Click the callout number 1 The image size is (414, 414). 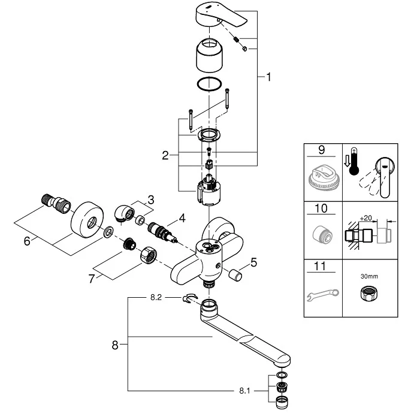pos(268,77)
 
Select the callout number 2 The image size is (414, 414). pos(165,155)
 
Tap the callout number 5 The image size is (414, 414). pos(253,262)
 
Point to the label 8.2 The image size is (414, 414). pos(156,297)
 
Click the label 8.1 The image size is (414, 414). pos(244,391)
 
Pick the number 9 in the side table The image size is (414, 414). pos(321,150)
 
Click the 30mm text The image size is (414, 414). pos(369,276)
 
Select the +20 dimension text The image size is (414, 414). pos(366,218)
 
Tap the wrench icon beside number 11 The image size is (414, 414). pos(323,294)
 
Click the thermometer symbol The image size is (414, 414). pos(354,162)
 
